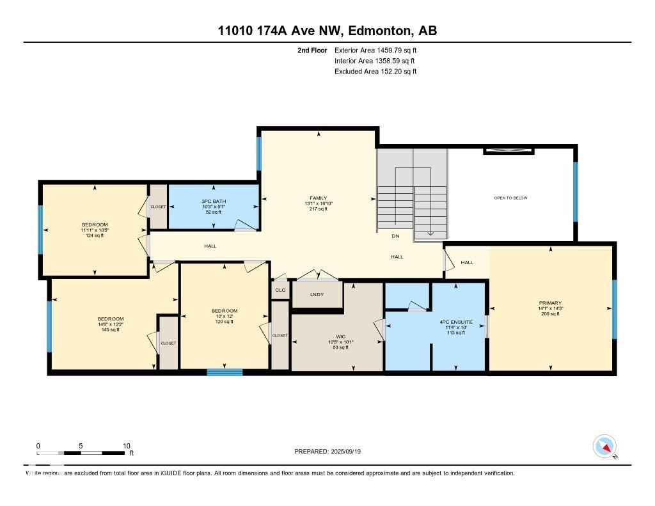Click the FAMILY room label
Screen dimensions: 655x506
click(x=319, y=198)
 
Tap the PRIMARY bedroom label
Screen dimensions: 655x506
click(x=550, y=303)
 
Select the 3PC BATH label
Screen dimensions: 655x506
click(x=214, y=202)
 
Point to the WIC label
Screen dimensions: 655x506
click(x=340, y=336)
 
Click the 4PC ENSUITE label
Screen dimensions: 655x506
click(x=455, y=322)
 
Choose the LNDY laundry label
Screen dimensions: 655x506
click(x=317, y=294)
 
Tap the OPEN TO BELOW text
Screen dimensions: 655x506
click(x=510, y=198)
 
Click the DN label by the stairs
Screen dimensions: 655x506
click(x=395, y=236)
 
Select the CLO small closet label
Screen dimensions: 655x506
click(x=280, y=290)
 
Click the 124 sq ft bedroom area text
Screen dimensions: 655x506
click(x=95, y=235)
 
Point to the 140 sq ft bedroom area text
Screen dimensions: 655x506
click(x=110, y=329)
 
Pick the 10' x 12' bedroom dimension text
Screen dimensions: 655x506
click(x=225, y=316)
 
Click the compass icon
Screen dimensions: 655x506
click(x=604, y=447)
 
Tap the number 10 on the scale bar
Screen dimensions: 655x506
click(x=127, y=446)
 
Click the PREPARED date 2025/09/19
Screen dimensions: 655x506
click(x=346, y=451)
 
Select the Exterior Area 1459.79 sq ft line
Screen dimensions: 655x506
click(x=375, y=51)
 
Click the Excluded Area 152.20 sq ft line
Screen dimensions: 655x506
click(x=375, y=72)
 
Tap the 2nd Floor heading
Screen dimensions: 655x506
click(x=312, y=51)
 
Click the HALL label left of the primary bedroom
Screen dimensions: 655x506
click(x=467, y=262)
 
